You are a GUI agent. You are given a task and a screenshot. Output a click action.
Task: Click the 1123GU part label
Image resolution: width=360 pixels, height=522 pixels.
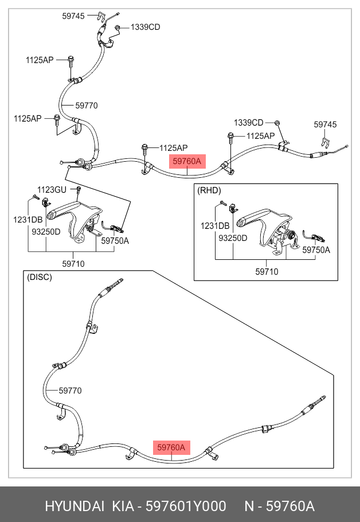(x=52, y=189)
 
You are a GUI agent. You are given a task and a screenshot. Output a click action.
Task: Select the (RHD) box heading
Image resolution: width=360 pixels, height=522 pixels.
(x=209, y=190)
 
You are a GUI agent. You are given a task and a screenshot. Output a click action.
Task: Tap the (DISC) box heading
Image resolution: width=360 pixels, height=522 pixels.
(x=39, y=277)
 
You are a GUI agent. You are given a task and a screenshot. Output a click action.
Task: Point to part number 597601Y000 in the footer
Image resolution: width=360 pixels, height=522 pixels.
(x=186, y=507)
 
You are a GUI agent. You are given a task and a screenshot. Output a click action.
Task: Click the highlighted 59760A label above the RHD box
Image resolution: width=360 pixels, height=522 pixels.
(x=187, y=162)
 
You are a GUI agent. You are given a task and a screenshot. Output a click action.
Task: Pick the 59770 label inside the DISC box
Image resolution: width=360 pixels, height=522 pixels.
(x=70, y=391)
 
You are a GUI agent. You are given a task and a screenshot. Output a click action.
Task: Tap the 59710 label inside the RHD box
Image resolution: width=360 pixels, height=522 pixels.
(x=267, y=271)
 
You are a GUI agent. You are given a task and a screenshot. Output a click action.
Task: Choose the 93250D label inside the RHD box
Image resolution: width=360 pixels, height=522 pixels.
(x=232, y=238)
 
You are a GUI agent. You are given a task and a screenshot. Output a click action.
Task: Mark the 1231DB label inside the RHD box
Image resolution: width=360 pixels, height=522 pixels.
(x=215, y=226)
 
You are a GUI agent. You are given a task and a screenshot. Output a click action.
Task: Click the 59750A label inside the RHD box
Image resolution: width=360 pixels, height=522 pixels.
(x=316, y=250)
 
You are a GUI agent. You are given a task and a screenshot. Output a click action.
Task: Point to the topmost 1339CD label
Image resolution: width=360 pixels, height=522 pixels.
(x=146, y=27)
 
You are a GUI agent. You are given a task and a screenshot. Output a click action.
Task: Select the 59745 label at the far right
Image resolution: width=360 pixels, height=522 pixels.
(x=325, y=124)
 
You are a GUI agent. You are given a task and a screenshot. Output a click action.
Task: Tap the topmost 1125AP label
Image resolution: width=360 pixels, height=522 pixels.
(x=39, y=60)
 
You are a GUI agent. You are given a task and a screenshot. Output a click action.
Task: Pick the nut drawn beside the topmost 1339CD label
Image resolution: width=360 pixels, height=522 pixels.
(x=118, y=28)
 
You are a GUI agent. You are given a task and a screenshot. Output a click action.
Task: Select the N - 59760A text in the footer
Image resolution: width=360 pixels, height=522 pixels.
(x=280, y=507)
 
